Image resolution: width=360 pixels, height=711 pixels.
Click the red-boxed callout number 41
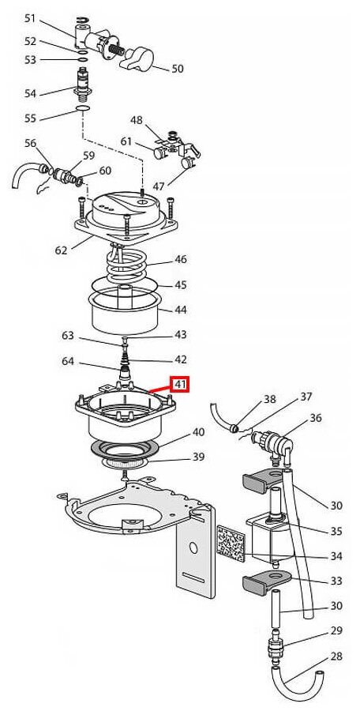coord(181,385)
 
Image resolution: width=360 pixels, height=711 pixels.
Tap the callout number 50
coord(178,69)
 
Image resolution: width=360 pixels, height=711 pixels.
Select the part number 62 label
coord(62,250)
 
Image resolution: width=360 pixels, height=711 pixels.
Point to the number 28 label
coord(336,656)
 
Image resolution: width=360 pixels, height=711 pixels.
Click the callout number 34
coord(336,556)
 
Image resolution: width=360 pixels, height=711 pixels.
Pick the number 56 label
coord(30,143)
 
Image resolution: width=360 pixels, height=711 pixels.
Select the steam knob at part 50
coord(137,58)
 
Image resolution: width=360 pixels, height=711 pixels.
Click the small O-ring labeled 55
coord(83,109)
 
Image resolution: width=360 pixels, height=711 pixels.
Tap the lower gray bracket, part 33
coord(264,584)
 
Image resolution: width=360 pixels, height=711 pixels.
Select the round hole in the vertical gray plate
coord(193,547)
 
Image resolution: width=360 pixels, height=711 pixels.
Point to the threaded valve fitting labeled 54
coord(83,85)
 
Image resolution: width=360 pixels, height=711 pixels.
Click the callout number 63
coord(68,336)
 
